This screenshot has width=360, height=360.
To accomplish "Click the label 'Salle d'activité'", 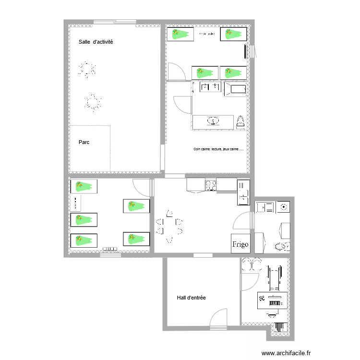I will point(96,42).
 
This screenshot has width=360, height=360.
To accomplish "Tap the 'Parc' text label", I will point(84,143).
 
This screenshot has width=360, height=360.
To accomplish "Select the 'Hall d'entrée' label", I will point(191,298).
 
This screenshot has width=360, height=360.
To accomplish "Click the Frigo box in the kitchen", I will point(240,244).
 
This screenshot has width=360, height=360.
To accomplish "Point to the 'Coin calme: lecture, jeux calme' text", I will point(218,149).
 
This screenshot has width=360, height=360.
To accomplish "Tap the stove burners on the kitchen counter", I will point(211,184).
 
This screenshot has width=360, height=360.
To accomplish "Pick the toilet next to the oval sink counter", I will point(241,121).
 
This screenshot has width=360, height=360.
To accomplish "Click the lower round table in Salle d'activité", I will point(92,102).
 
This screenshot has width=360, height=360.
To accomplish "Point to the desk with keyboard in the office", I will point(273,301).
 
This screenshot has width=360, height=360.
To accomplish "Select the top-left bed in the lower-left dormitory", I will point(84,186).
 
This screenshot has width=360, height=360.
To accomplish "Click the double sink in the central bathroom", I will point(210,87).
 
